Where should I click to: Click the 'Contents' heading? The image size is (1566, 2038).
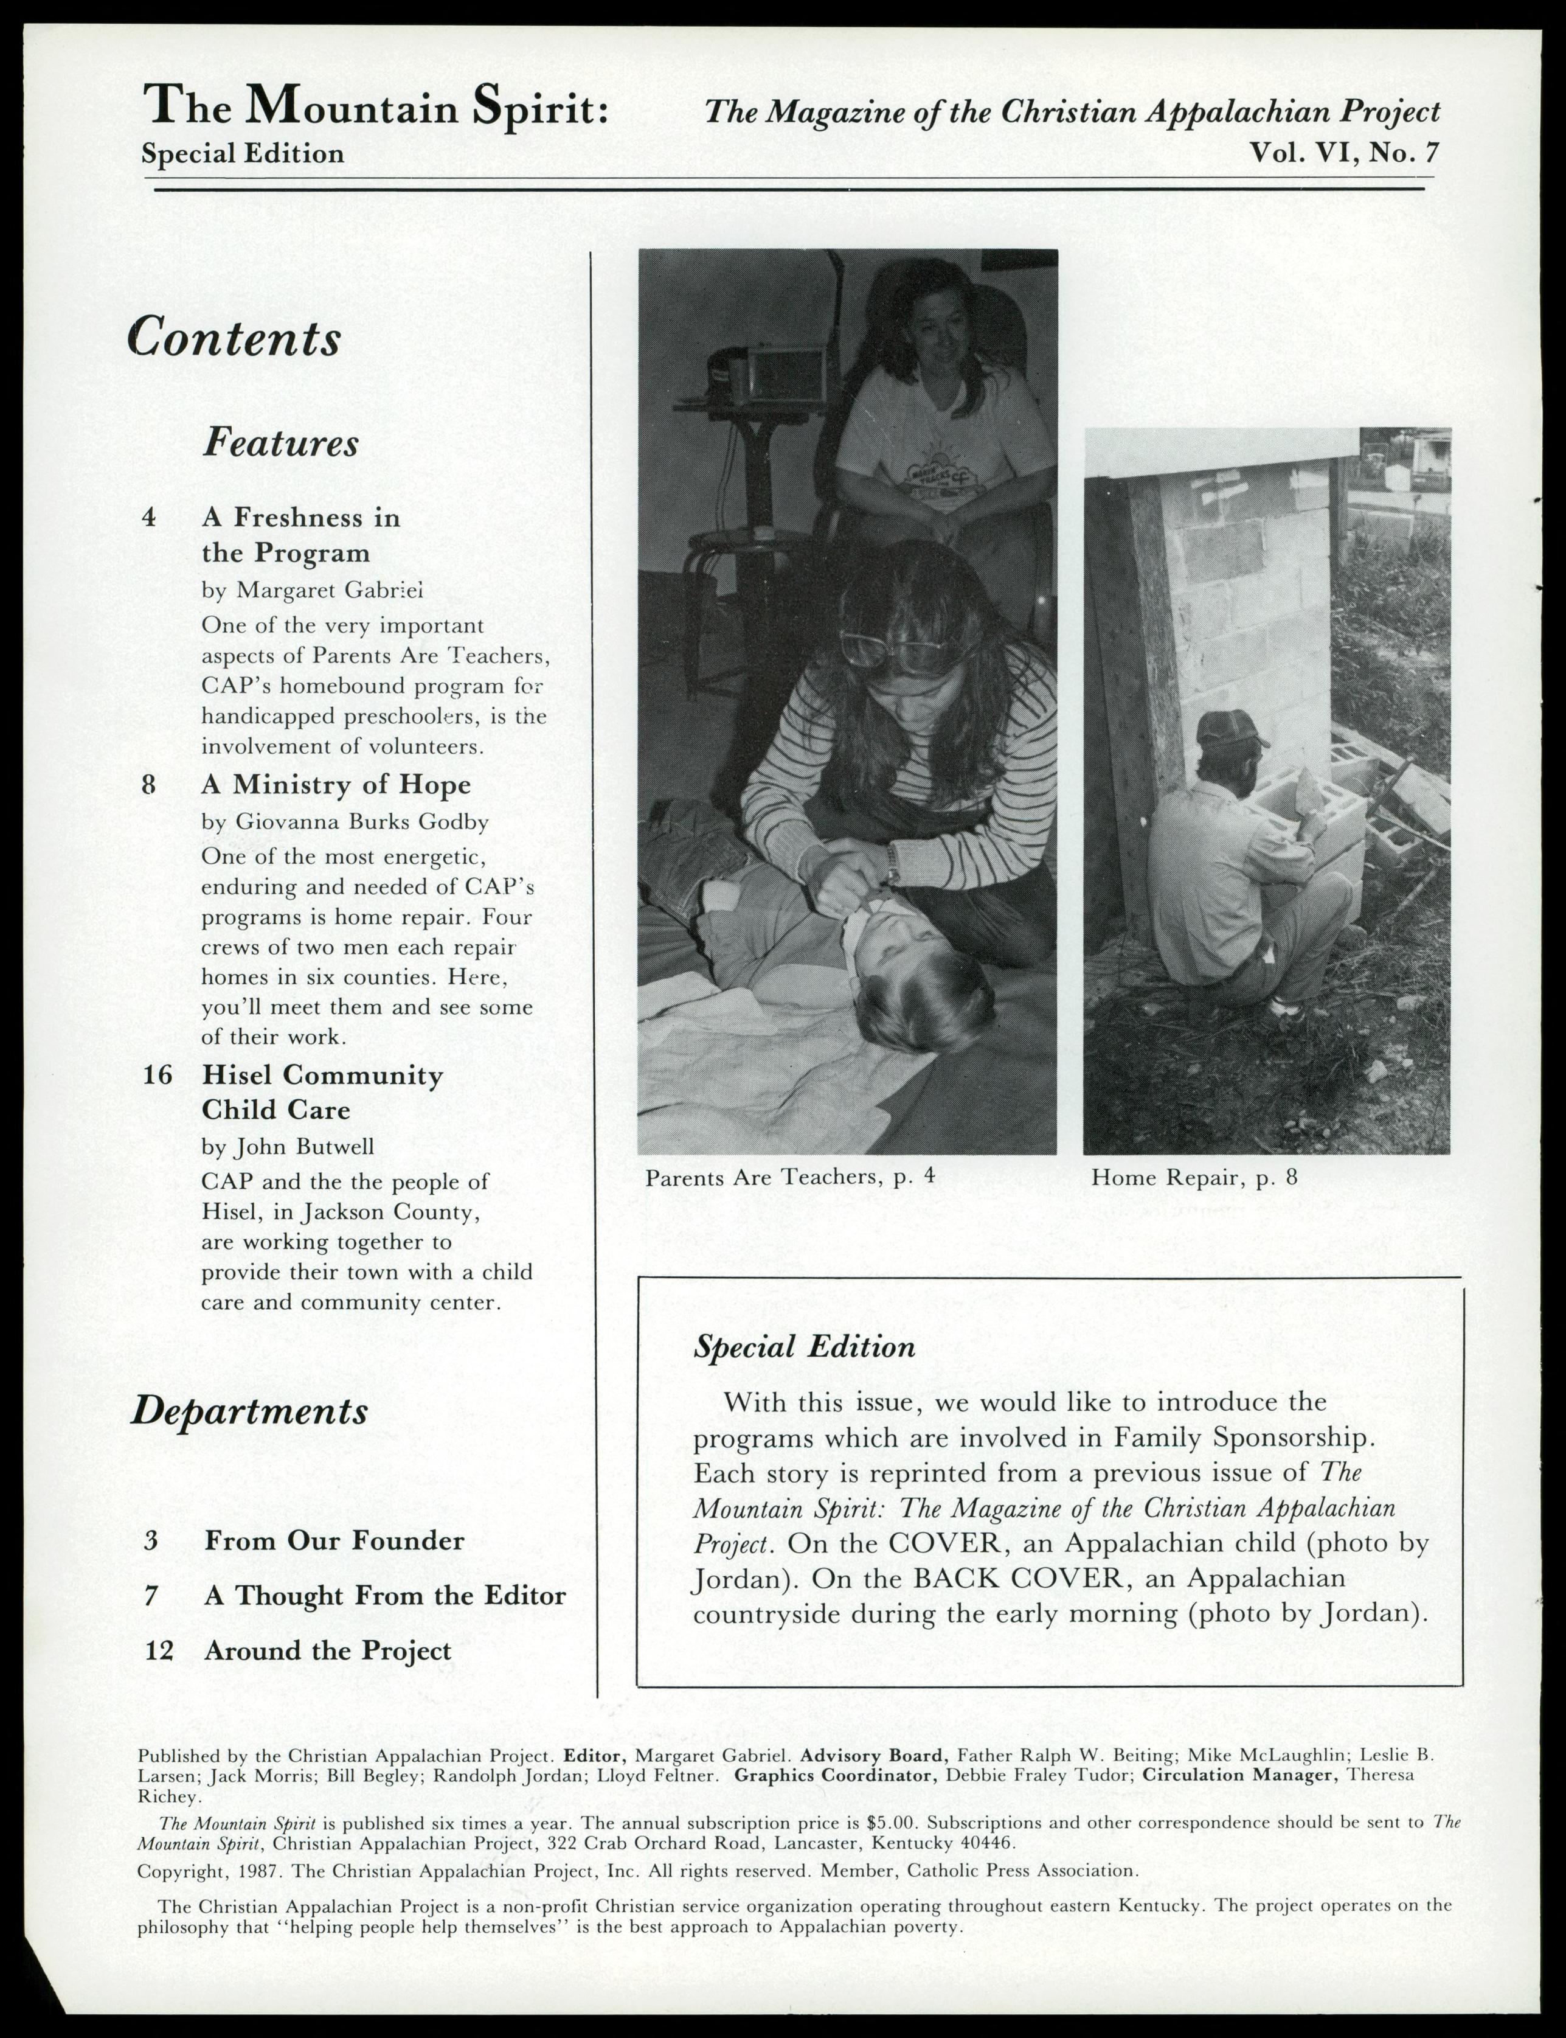(x=234, y=338)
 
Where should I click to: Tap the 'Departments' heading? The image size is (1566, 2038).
(x=249, y=1411)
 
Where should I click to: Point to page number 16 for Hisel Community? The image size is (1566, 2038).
(x=158, y=1075)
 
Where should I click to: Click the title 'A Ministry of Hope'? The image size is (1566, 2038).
(x=336, y=785)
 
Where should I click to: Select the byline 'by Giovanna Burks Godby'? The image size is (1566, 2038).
(x=345, y=821)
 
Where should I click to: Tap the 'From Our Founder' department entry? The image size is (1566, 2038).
(x=334, y=1540)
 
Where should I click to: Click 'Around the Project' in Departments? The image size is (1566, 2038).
(x=327, y=1650)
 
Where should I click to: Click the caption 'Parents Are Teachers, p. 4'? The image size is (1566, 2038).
(x=789, y=1177)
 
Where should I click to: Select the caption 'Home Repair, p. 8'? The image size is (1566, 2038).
(x=1194, y=1178)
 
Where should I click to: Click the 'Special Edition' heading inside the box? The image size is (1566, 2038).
(x=803, y=1347)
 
